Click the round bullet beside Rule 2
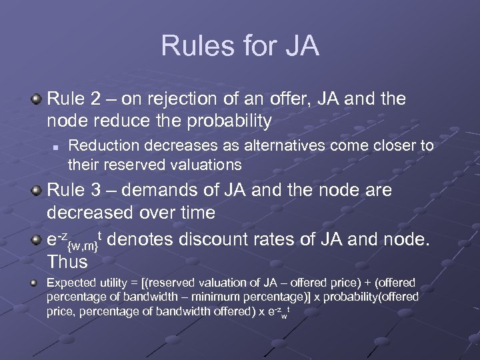coord(37,100)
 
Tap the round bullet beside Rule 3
coord(37,191)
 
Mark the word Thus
coord(67,261)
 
